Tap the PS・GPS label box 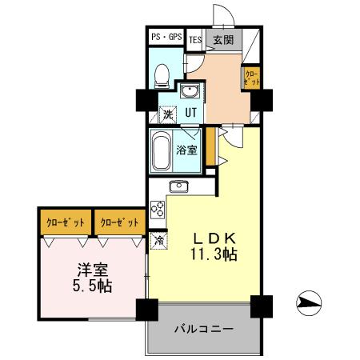tap(166, 38)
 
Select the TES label tap(195, 38)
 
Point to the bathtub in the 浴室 tap(161, 150)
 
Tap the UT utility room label tap(191, 112)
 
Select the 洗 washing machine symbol tap(168, 114)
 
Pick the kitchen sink tap(178, 188)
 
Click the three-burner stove tap(158, 212)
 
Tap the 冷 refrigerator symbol tap(159, 239)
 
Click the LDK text tap(212, 238)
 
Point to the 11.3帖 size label tap(212, 255)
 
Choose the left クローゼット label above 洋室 tap(66, 222)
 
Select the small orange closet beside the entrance tap(251, 78)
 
